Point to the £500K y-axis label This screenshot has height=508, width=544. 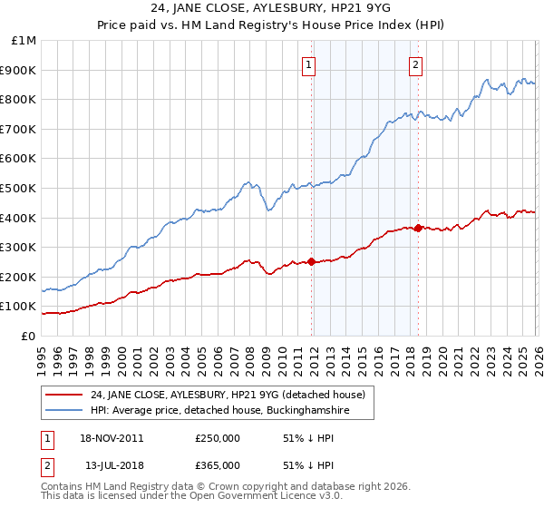[20, 188]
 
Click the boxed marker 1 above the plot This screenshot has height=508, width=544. [310, 64]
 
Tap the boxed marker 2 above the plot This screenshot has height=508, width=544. [415, 64]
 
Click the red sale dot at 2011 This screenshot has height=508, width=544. [311, 261]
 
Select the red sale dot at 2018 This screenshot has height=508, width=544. [418, 228]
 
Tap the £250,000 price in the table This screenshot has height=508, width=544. [217, 438]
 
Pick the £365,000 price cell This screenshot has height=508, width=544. [217, 465]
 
